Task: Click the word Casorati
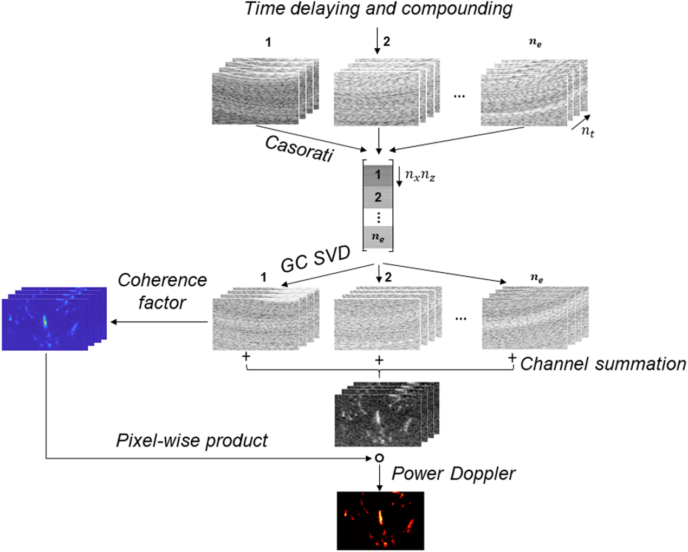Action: coord(299,148)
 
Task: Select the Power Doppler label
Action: coord(453,474)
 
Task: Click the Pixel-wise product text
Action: coord(192,441)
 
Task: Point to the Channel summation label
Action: coord(603,364)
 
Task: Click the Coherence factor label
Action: coord(162,291)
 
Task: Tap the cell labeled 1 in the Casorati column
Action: coord(378,175)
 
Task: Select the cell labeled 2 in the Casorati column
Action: coord(378,198)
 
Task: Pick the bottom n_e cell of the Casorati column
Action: coord(378,237)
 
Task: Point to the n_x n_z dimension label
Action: coord(420,175)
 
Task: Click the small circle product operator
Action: coord(379,458)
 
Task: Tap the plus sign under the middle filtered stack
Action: coord(379,360)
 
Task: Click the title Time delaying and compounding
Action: coord(378,9)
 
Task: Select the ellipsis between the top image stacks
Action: coord(459,96)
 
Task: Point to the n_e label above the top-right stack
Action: coord(535,42)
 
